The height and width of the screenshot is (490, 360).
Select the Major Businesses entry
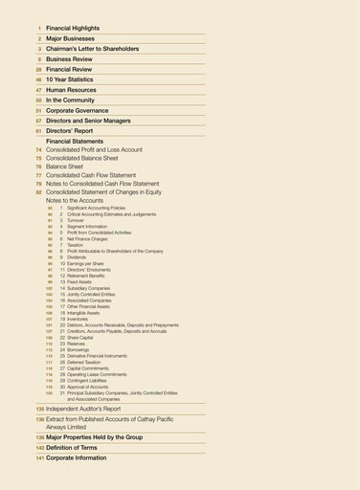71,38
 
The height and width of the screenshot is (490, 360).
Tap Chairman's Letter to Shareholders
92,49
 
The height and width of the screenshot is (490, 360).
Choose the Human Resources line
71,89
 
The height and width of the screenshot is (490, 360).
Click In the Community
70,100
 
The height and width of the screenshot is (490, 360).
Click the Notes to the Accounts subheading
75,200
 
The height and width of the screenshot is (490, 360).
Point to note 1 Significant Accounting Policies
95,208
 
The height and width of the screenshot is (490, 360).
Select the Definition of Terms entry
77,448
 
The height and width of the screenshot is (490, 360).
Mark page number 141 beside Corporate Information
40,458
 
